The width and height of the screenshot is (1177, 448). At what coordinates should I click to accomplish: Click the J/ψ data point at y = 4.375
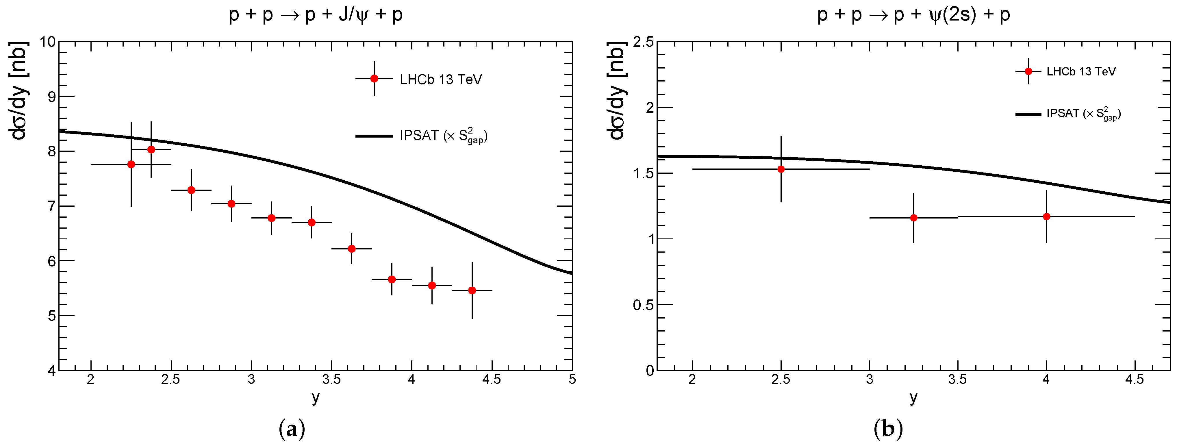coord(472,290)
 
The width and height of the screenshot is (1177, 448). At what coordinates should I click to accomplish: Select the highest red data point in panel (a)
coord(151,149)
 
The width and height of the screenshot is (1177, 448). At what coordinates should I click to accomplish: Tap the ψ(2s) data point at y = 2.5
coord(781,169)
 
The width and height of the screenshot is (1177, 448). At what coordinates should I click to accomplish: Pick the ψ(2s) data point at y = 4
coord(1046,216)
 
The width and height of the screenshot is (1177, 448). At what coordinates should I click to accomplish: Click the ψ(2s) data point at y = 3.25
coord(913,218)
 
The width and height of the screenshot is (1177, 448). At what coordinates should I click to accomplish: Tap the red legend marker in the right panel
coord(1028,71)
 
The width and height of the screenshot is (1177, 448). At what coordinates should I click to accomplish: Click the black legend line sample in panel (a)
coord(374,136)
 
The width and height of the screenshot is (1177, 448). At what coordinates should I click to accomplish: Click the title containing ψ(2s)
coord(913,15)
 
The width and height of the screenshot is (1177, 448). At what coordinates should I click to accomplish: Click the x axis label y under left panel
coord(316,398)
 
